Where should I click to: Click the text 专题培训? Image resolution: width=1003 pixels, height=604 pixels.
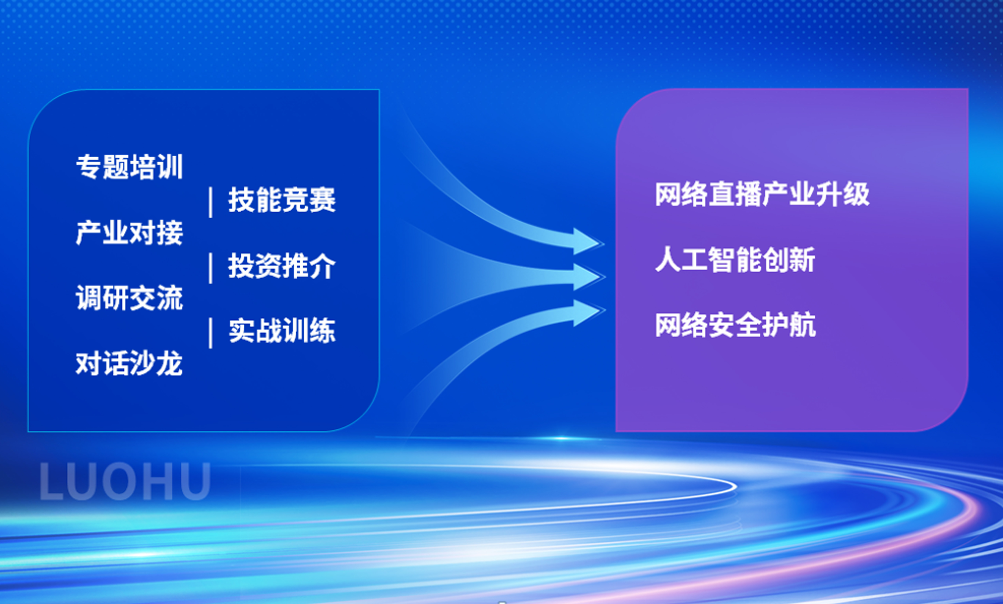[129, 167]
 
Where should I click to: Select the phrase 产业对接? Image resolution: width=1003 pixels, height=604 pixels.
[129, 233]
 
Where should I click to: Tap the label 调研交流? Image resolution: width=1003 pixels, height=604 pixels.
[129, 298]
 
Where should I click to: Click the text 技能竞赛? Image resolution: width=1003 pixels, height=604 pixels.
[282, 200]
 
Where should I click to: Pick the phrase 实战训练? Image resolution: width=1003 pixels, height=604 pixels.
[282, 330]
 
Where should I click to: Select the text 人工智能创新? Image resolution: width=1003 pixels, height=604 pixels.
[735, 260]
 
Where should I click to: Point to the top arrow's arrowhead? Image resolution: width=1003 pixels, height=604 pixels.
[588, 242]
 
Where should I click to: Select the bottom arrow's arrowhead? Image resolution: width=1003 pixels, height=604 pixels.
[588, 313]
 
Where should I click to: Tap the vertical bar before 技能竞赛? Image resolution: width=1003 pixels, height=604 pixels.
[210, 202]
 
